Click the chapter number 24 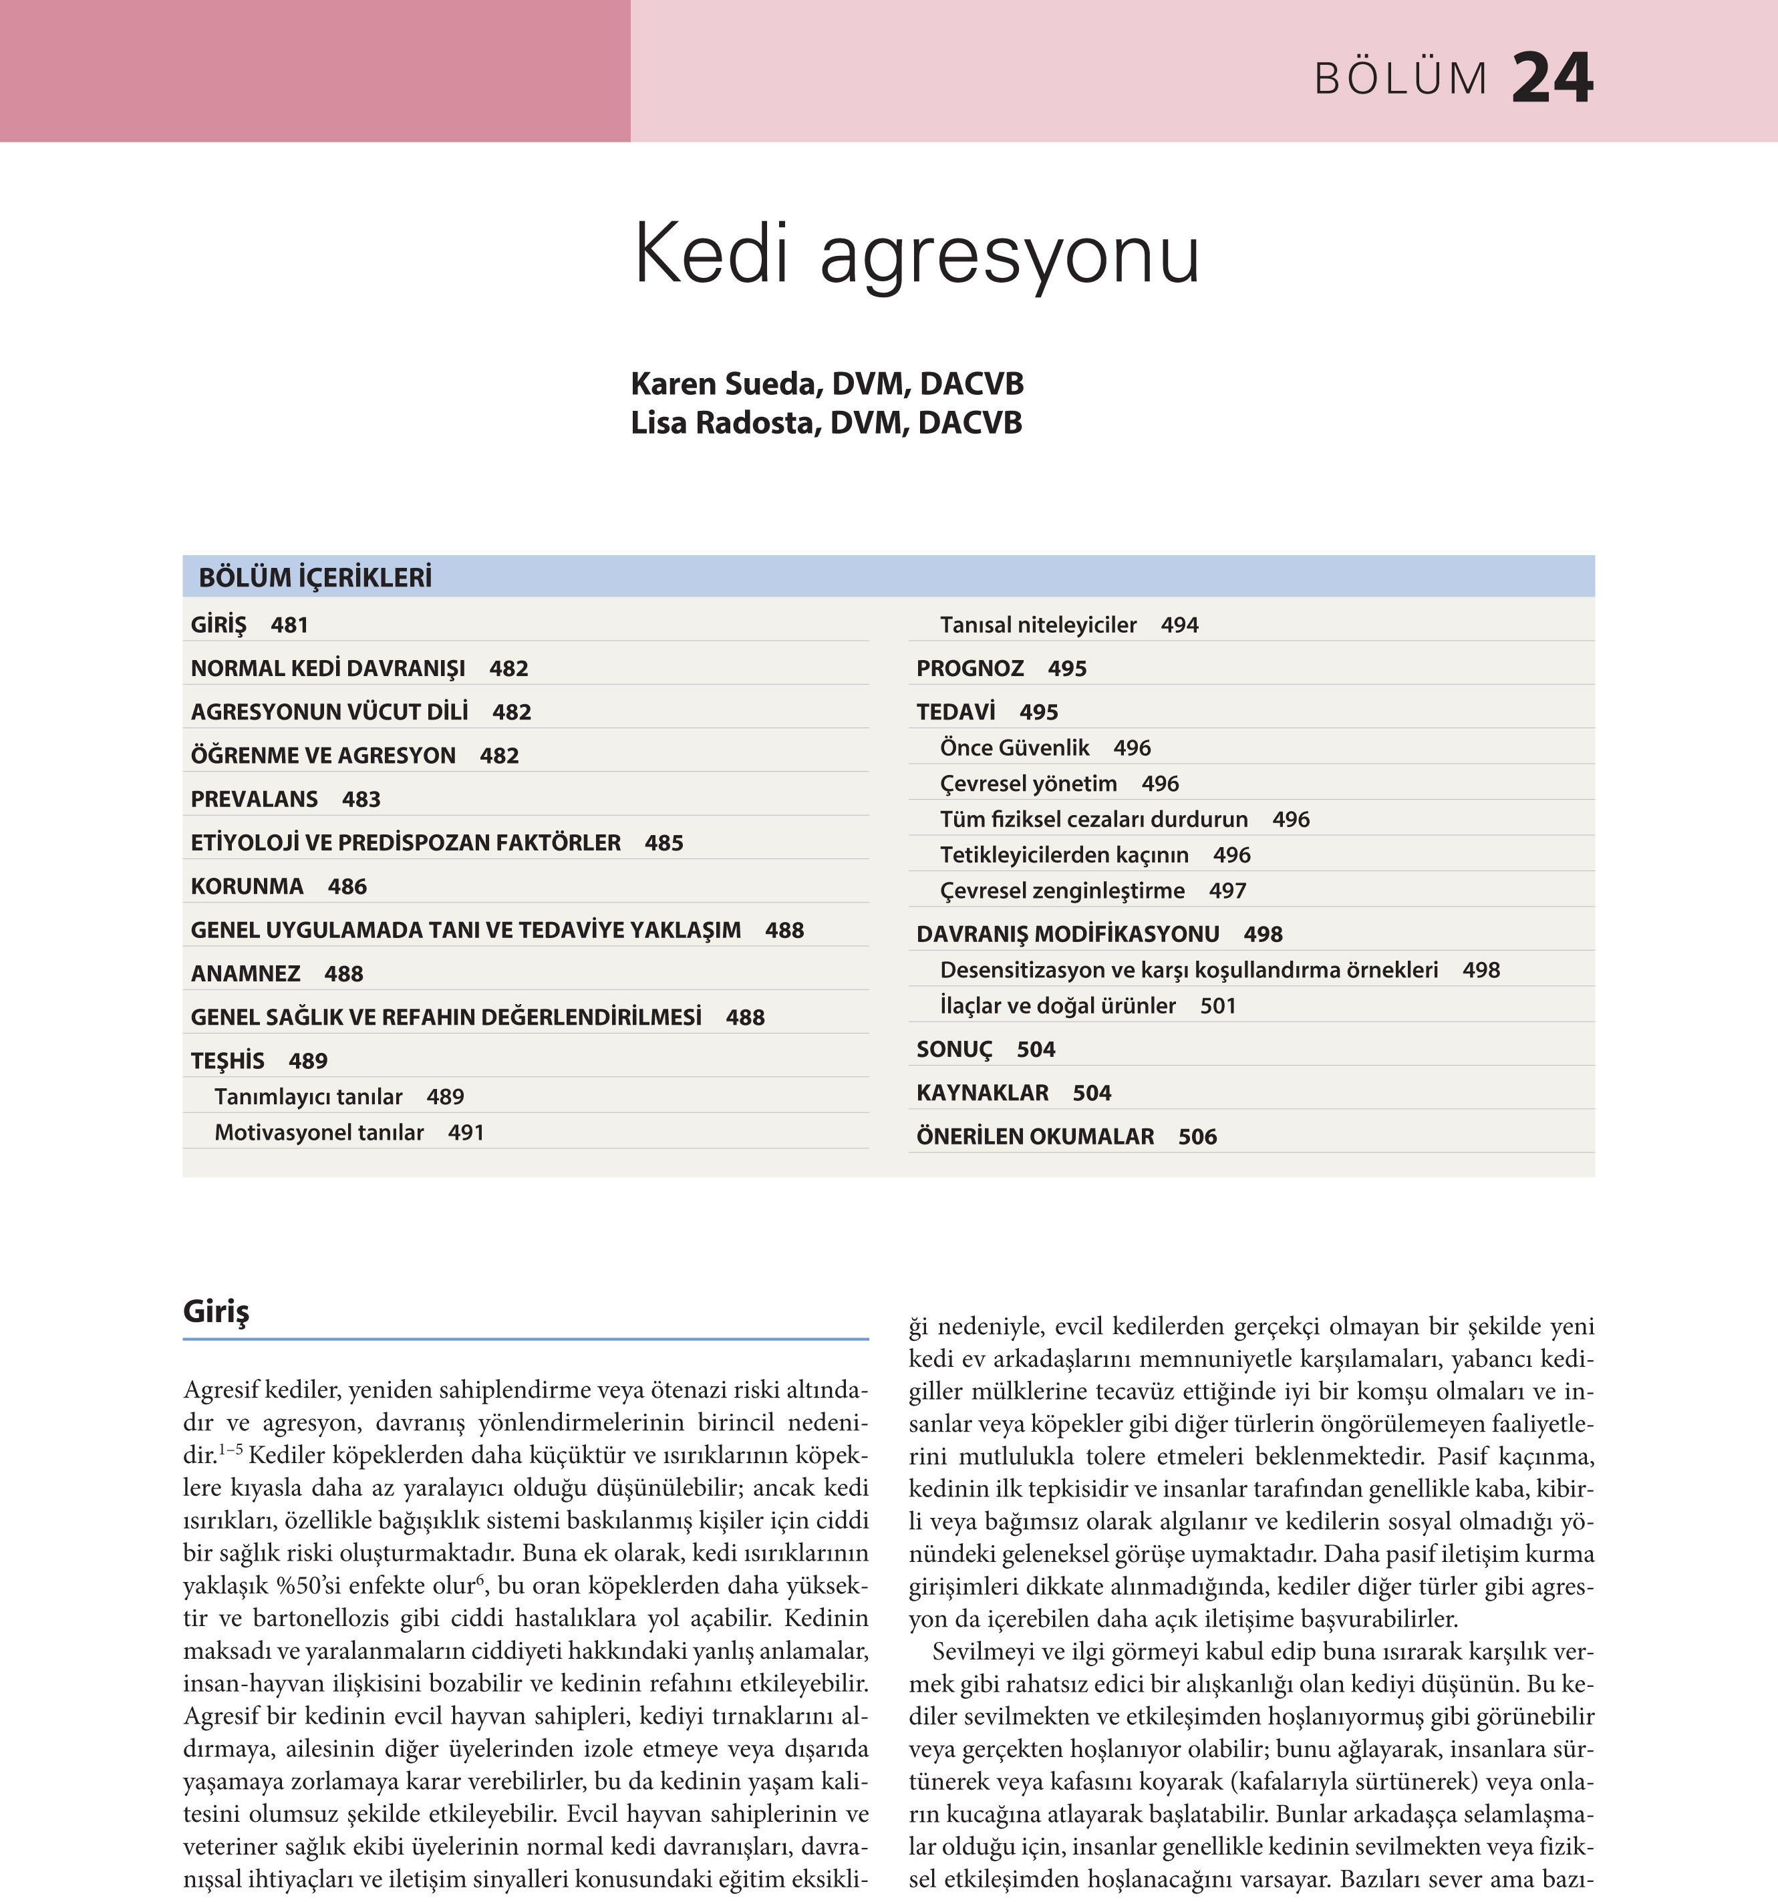tap(1552, 78)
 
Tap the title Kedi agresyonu tap(916, 255)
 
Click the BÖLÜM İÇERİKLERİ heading tap(315, 578)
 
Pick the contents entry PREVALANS tap(254, 799)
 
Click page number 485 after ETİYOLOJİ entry tap(663, 843)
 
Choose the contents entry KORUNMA tap(247, 886)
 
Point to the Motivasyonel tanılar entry tap(319, 1133)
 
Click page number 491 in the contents tap(466, 1133)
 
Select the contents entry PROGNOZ tap(970, 668)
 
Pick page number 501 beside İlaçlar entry tap(1218, 1005)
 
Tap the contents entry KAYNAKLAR tap(982, 1092)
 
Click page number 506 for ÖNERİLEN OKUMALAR tap(1197, 1136)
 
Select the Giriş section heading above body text tap(216, 1311)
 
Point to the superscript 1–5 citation tap(231, 1450)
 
